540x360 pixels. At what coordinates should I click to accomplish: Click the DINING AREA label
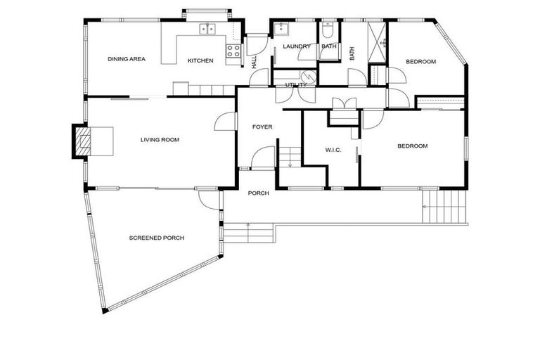click(x=127, y=59)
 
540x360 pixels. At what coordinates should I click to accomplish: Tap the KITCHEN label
click(x=200, y=60)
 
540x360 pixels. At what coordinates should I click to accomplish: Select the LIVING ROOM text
click(x=160, y=139)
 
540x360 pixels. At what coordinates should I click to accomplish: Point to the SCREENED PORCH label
click(x=156, y=238)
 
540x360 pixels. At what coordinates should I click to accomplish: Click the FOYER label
click(x=262, y=127)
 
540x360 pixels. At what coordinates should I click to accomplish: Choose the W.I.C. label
click(x=333, y=150)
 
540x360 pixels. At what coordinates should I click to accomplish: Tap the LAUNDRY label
click(x=297, y=46)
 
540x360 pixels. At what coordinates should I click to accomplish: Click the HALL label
click(x=254, y=63)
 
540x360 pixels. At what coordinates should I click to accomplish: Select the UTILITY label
click(x=295, y=85)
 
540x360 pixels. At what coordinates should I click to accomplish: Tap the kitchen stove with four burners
click(x=233, y=51)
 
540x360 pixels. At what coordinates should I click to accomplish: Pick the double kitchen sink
click(x=207, y=29)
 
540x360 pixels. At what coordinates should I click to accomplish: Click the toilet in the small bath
click(x=327, y=31)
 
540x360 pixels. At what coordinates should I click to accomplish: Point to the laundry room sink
click(x=282, y=27)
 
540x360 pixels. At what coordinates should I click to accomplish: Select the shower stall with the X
click(x=377, y=42)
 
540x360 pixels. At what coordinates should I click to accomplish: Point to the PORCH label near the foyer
click(x=258, y=193)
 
